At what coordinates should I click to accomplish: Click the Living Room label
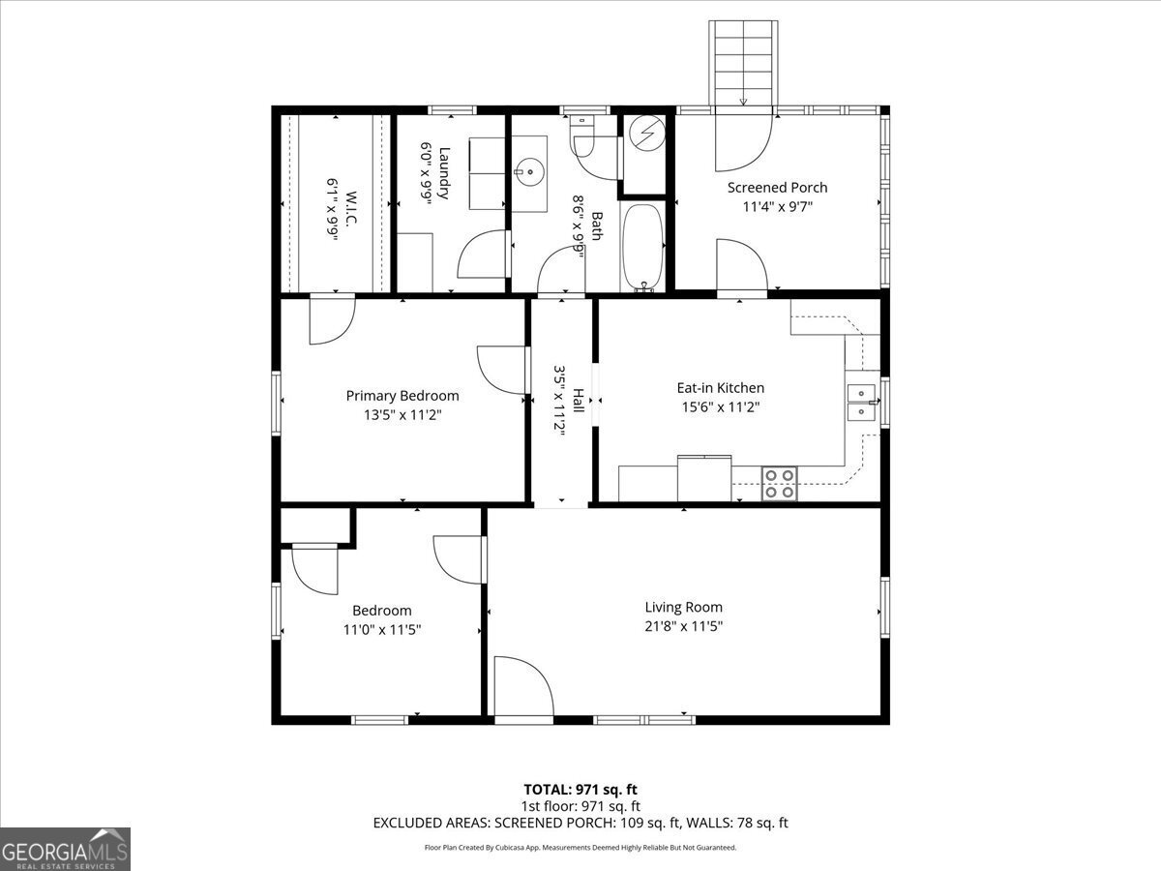683,608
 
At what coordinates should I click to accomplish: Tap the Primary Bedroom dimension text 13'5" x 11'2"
402,414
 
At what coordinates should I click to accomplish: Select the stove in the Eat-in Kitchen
779,483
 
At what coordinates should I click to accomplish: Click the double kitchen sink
860,403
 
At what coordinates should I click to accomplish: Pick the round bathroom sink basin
529,174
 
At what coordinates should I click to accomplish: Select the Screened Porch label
777,188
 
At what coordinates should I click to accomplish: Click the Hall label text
578,401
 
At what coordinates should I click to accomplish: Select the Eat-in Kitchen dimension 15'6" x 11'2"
720,407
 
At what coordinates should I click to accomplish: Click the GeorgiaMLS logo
65,849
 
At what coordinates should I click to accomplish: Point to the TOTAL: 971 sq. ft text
580,790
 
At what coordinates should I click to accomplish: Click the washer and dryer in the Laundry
487,173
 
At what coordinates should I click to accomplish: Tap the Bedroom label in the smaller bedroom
381,611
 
